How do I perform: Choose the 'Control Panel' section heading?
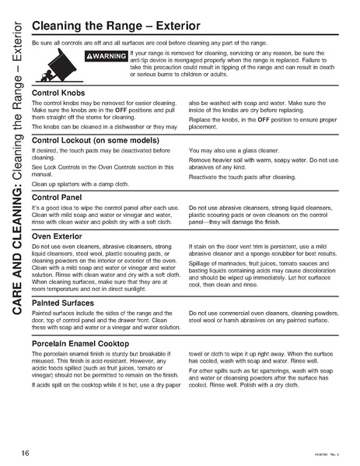pos(58,198)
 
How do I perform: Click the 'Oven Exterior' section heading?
pos(60,236)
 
